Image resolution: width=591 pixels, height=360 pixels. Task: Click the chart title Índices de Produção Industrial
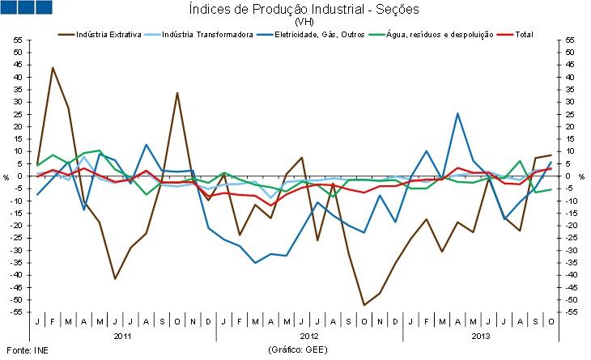pyautogui.click(x=304, y=9)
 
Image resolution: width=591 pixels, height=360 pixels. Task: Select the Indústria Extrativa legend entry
pyautogui.click(x=111, y=35)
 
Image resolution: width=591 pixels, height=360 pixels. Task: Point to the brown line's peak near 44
pyautogui.click(x=53, y=67)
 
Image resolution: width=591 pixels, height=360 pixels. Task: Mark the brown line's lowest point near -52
pyautogui.click(x=364, y=305)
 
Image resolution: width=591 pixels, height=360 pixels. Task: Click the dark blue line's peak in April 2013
pyautogui.click(x=457, y=113)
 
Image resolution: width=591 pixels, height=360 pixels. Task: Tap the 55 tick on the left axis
pyautogui.click(x=17, y=40)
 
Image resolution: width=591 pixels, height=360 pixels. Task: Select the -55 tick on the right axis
pyautogui.click(x=570, y=312)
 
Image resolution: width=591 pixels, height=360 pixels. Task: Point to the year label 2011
pyautogui.click(x=122, y=334)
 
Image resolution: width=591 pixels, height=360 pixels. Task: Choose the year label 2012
pyautogui.click(x=309, y=334)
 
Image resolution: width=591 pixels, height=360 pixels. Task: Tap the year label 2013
pyautogui.click(x=481, y=334)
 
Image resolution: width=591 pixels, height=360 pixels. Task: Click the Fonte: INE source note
pyautogui.click(x=21, y=349)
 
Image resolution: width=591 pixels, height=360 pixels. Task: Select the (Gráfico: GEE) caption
pyautogui.click(x=304, y=349)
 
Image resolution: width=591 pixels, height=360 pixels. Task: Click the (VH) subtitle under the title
pyautogui.click(x=304, y=22)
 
